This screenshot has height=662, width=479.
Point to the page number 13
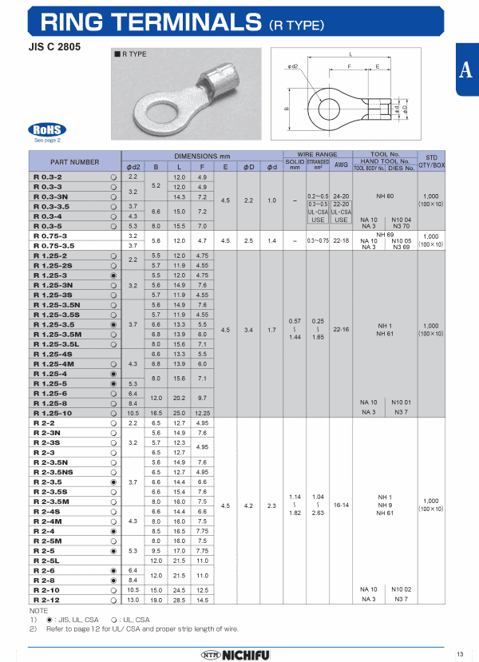(460, 654)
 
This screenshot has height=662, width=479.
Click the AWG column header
(341, 165)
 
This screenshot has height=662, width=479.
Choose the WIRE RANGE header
(317, 154)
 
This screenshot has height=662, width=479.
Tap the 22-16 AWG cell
(341, 328)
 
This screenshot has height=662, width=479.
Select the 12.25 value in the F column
(202, 413)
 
